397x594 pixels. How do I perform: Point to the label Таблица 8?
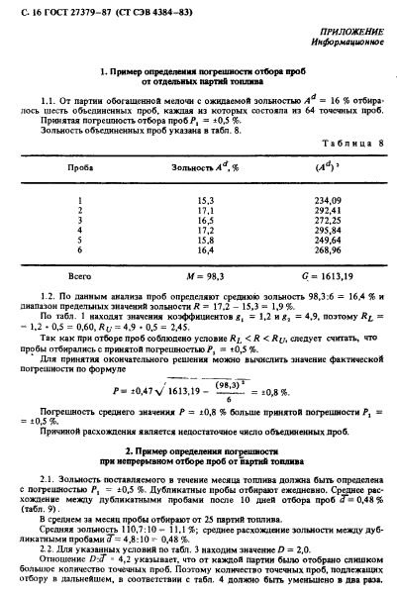point(344,143)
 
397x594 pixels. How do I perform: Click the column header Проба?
point(79,168)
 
